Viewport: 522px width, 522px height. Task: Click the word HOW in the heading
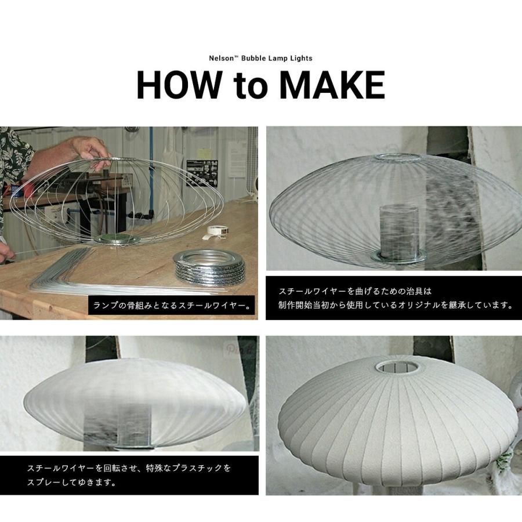click(x=179, y=85)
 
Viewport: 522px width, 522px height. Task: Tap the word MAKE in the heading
click(x=332, y=85)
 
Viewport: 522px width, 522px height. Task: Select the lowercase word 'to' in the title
click(x=252, y=86)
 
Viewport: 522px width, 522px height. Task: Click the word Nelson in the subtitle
click(x=222, y=58)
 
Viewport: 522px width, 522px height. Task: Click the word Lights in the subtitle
click(x=300, y=58)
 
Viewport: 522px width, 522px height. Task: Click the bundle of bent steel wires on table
click(x=87, y=273)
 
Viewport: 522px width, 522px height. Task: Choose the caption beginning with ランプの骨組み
click(x=173, y=306)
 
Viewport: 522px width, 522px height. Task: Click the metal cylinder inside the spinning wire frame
click(x=398, y=232)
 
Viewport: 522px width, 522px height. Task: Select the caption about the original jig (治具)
click(x=393, y=298)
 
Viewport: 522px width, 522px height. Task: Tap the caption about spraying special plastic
click(x=129, y=474)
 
